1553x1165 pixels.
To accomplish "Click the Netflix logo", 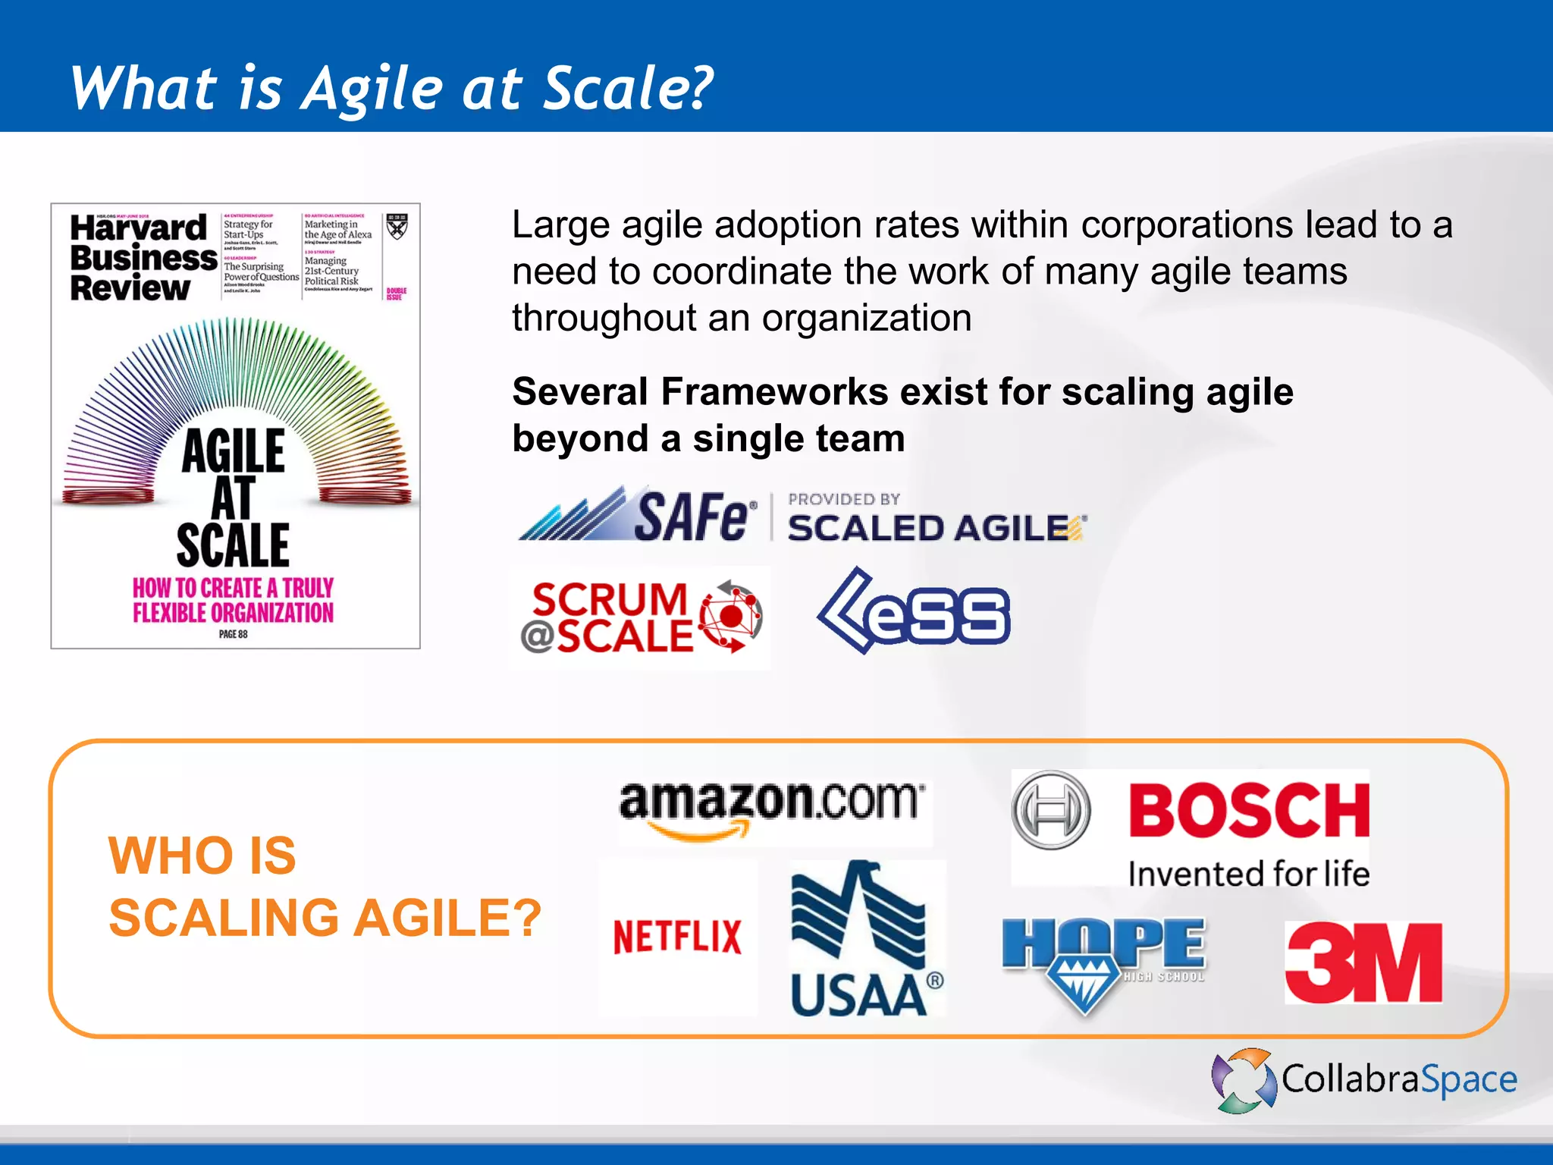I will (x=677, y=937).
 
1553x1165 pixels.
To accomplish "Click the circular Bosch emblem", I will (x=1051, y=810).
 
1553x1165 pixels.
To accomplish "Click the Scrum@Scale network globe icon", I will (x=730, y=616).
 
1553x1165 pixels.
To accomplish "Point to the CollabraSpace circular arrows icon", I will (x=1244, y=1080).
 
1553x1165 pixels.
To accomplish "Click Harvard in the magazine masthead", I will (x=138, y=228).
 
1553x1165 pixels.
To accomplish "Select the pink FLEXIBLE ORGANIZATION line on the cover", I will (x=233, y=613).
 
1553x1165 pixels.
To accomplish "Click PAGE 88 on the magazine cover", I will (x=233, y=634).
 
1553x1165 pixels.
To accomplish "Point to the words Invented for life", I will (x=1248, y=874).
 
